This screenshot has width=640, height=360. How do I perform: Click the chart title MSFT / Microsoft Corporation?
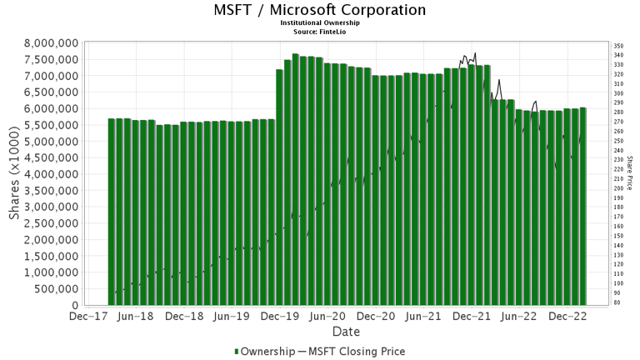tap(319, 11)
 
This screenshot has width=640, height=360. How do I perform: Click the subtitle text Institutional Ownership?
tap(319, 24)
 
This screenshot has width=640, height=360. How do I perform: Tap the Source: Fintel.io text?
tap(319, 32)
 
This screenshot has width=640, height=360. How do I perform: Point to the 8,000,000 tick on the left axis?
tap(52, 42)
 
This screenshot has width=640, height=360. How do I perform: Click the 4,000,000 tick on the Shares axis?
tap(52, 174)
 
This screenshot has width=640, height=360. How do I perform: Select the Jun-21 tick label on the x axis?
tap(423, 317)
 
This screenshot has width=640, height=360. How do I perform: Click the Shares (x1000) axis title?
tap(14, 174)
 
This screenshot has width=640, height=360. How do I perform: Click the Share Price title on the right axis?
tap(630, 174)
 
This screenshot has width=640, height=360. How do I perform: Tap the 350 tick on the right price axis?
tap(618, 46)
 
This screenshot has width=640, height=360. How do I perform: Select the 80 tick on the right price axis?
tap(617, 302)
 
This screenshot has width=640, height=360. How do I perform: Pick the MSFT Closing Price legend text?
tap(357, 352)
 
